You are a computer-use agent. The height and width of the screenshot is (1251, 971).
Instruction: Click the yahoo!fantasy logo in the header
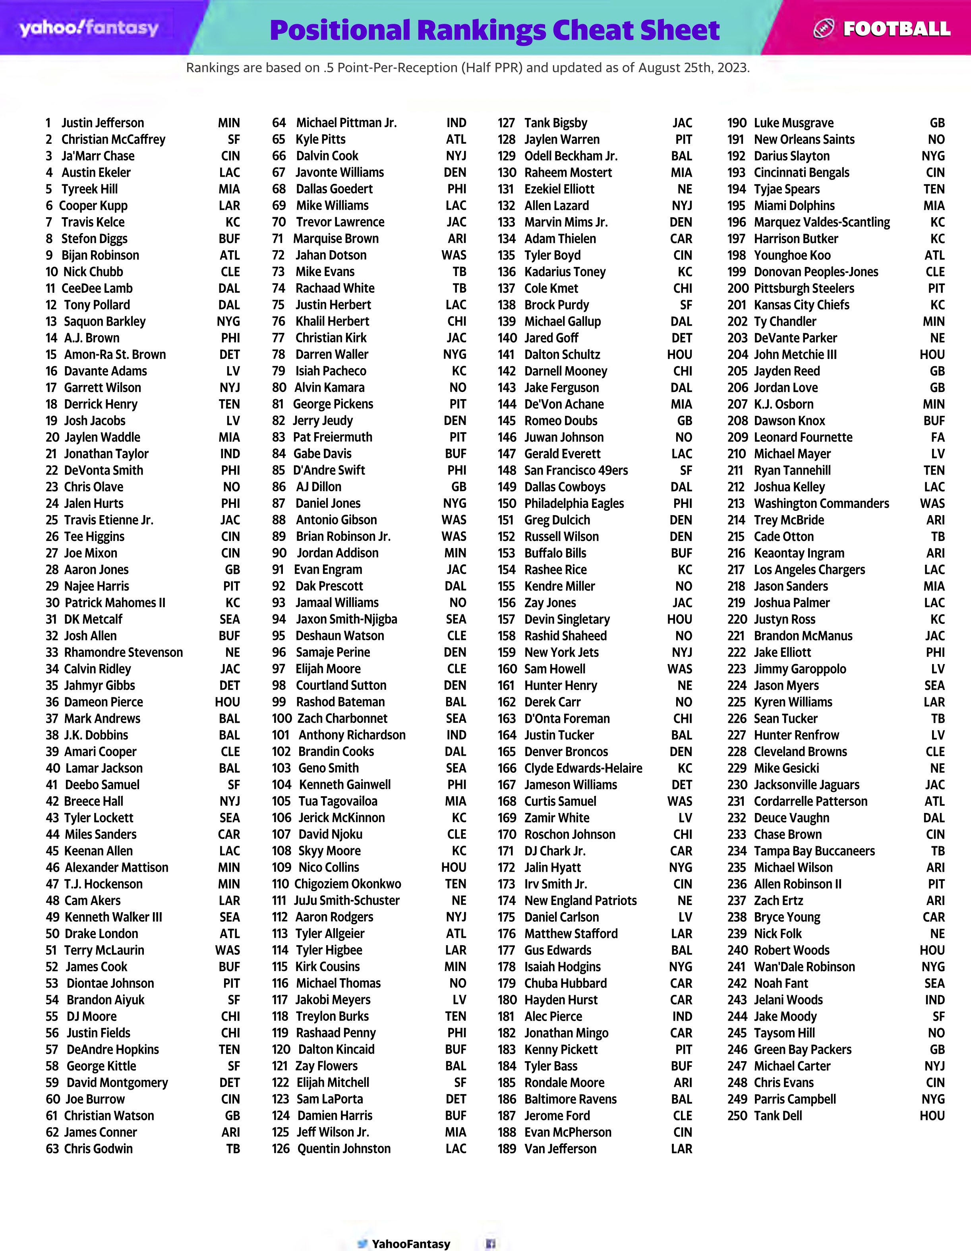tap(89, 28)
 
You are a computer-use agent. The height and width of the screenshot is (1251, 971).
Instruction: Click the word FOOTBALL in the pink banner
tap(897, 29)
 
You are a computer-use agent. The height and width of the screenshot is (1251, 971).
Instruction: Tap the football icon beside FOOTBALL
tap(823, 29)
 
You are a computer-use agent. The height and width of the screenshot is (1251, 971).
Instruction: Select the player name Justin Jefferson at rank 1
tap(103, 123)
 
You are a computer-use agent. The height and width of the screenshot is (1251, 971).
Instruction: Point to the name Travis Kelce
tap(93, 222)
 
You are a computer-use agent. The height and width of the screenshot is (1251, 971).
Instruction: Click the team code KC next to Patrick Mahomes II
tap(232, 602)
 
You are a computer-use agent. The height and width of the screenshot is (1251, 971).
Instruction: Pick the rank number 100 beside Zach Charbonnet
tap(282, 718)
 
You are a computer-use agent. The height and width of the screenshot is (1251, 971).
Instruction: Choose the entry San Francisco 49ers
tap(576, 470)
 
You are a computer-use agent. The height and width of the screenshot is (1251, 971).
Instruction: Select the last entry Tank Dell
tap(778, 1116)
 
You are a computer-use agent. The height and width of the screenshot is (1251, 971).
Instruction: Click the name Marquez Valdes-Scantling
tap(822, 222)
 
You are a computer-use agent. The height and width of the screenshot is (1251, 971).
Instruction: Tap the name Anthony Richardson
tap(352, 735)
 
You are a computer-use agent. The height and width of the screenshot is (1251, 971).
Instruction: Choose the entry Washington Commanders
tap(821, 504)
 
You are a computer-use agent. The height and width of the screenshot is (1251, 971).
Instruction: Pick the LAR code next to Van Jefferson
tap(681, 1149)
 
